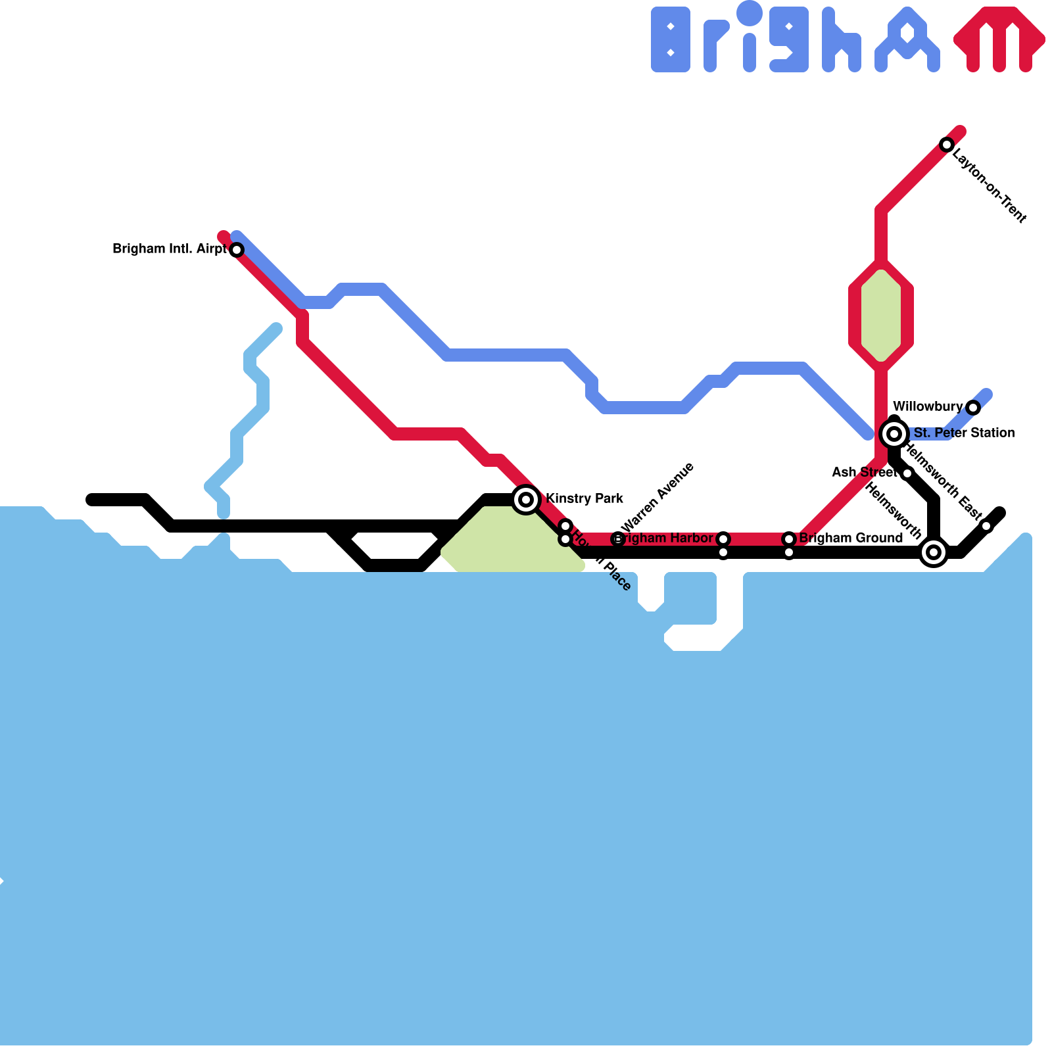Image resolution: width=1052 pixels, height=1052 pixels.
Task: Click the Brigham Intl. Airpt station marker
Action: coord(237,250)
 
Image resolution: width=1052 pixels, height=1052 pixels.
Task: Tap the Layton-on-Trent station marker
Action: coord(946,145)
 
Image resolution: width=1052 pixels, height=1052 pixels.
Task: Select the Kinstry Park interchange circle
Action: coord(526,500)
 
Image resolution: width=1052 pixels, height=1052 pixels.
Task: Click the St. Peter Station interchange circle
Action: coord(894,434)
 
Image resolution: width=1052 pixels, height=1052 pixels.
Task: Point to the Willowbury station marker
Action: coord(973,408)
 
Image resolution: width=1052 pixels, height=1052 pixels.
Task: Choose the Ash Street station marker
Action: coord(907,473)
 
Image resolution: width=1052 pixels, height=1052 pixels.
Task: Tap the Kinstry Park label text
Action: coord(585,498)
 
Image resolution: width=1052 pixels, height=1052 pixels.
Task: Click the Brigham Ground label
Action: coord(851,538)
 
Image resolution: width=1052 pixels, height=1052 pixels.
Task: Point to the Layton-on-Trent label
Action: coord(989,185)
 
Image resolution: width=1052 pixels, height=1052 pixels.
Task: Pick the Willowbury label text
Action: coord(927,406)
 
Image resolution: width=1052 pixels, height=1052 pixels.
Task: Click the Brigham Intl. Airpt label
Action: coord(169,249)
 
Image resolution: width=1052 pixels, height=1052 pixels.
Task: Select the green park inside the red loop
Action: coord(881,316)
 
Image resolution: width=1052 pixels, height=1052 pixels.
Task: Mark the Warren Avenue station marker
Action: coord(617,539)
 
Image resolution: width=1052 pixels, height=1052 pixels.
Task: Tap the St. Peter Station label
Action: coord(964,433)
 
